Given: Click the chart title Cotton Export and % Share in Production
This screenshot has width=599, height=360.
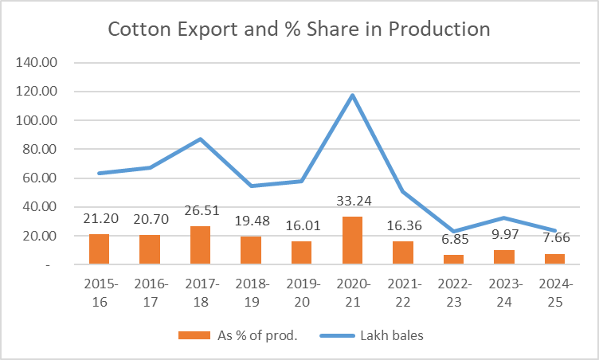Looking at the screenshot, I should pyautogui.click(x=299, y=29).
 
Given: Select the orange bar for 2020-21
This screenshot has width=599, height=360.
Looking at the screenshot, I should pyautogui.click(x=352, y=241).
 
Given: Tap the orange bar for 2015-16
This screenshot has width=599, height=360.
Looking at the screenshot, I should pyautogui.click(x=99, y=249).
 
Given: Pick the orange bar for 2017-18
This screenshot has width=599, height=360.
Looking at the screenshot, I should pyautogui.click(x=200, y=245).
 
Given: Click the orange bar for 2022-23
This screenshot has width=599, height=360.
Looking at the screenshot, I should pyautogui.click(x=453, y=260).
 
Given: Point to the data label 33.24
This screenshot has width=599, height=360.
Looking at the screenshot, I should pyautogui.click(x=352, y=202).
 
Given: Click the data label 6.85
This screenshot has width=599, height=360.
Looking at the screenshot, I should pyautogui.click(x=453, y=240).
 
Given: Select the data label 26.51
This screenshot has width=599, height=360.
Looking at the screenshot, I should pyautogui.click(x=200, y=211).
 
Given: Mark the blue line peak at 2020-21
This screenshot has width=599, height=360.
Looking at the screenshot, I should pyautogui.click(x=352, y=96).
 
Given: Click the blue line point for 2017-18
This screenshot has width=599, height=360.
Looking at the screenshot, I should pyautogui.click(x=200, y=139).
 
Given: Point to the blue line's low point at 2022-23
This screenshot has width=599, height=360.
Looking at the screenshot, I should pyautogui.click(x=453, y=232).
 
